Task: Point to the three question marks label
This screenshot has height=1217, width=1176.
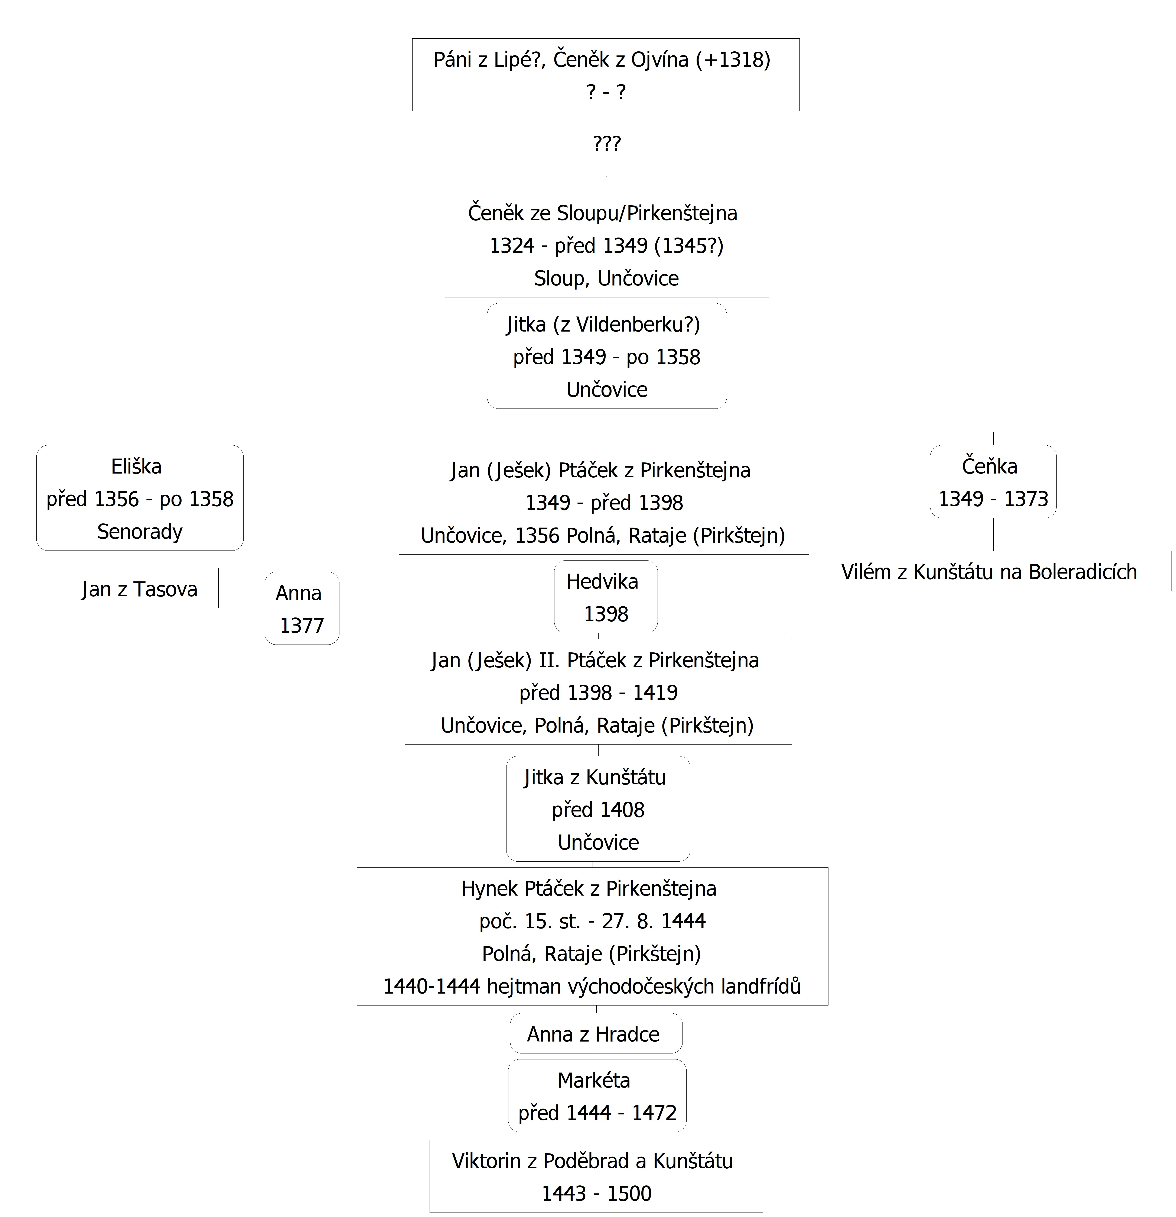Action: point(606,143)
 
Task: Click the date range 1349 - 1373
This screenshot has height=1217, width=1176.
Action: point(993,499)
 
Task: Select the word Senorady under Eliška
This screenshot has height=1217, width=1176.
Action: point(140,532)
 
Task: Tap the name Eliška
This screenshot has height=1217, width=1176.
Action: point(137,466)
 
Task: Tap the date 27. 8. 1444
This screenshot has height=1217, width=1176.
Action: point(654,921)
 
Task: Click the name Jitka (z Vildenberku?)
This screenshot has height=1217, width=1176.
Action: point(603,324)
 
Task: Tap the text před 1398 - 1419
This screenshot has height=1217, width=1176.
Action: point(598,692)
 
